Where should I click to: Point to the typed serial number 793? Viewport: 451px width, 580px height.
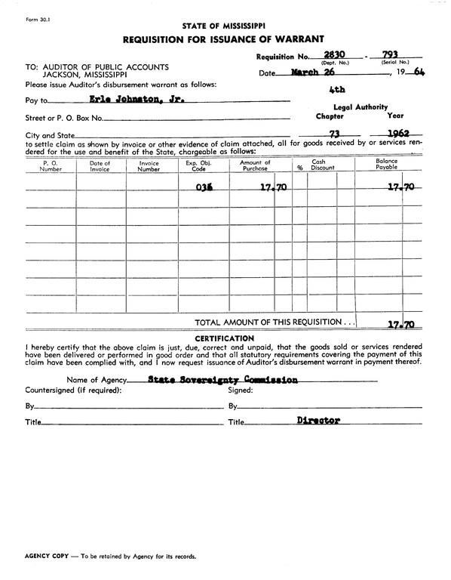coord(390,55)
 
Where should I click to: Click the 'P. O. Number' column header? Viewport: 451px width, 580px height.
coord(51,166)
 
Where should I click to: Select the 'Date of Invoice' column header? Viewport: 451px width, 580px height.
coord(100,166)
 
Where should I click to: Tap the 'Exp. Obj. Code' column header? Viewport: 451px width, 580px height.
coord(198,166)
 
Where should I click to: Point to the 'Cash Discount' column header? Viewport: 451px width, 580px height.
coord(322,165)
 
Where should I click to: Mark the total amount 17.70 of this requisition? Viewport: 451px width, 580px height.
coord(400,325)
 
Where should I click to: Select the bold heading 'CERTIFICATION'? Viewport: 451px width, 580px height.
coord(224,338)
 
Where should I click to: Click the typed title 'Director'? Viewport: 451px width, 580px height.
coord(318,421)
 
